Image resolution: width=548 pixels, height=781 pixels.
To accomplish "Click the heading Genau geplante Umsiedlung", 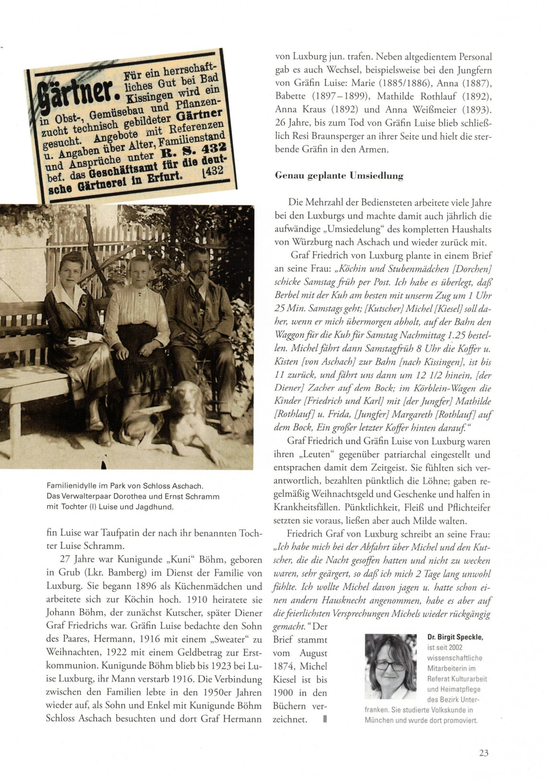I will pyautogui.click(x=339, y=176).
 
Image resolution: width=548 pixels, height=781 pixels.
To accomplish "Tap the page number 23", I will pyautogui.click(x=484, y=753).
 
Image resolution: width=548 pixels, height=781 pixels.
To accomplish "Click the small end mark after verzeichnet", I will pyautogui.click(x=325, y=720).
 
